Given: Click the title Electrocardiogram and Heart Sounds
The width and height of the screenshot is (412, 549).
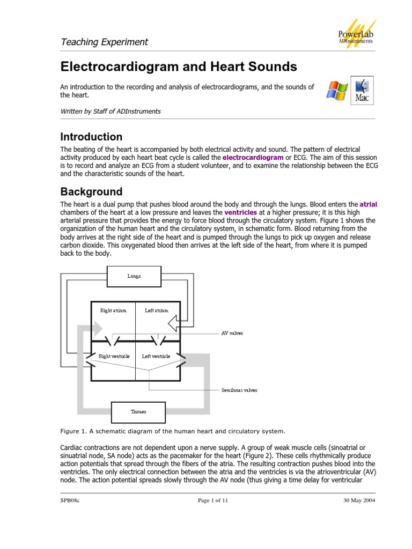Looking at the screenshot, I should tap(178, 66).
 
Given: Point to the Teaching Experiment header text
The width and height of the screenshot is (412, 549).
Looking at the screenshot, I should tap(104, 42).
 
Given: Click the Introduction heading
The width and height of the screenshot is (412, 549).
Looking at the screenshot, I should tap(91, 137).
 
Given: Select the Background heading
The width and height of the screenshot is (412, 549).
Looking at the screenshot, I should tap(91, 191).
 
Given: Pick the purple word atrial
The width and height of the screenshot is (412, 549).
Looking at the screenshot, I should tap(368, 204).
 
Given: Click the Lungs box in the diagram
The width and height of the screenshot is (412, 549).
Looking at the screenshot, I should tap(134, 276).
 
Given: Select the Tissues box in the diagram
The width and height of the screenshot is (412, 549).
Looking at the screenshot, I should tap(138, 412).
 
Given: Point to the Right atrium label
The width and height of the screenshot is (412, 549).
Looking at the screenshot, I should tap(113, 310).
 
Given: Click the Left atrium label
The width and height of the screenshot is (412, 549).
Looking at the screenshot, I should tap(157, 310).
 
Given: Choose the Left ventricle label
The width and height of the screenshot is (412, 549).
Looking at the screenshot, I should tap(156, 356).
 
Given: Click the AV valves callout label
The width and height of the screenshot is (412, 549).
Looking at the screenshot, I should tap(232, 333).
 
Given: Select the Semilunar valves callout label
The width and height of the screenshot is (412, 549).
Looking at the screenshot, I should tap(239, 390).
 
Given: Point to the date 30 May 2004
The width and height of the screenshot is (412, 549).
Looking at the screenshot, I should tap(359, 500).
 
